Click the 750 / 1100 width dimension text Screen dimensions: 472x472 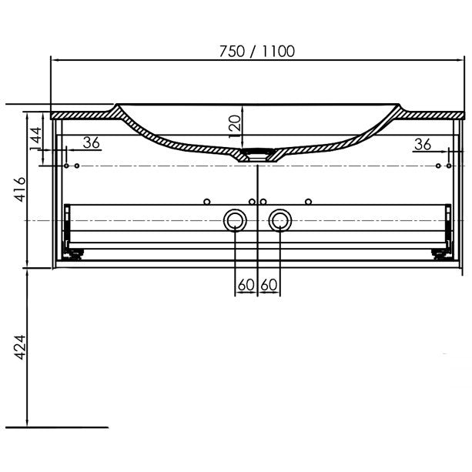(256, 52)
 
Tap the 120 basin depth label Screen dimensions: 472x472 (236, 127)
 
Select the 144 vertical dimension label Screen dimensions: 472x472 (36, 139)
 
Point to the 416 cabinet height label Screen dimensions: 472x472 (21, 189)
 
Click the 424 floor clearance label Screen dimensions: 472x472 (21, 346)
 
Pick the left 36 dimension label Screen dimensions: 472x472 (91, 142)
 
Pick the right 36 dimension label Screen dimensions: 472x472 (423, 145)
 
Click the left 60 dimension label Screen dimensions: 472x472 (246, 285)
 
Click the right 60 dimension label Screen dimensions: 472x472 (269, 285)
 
